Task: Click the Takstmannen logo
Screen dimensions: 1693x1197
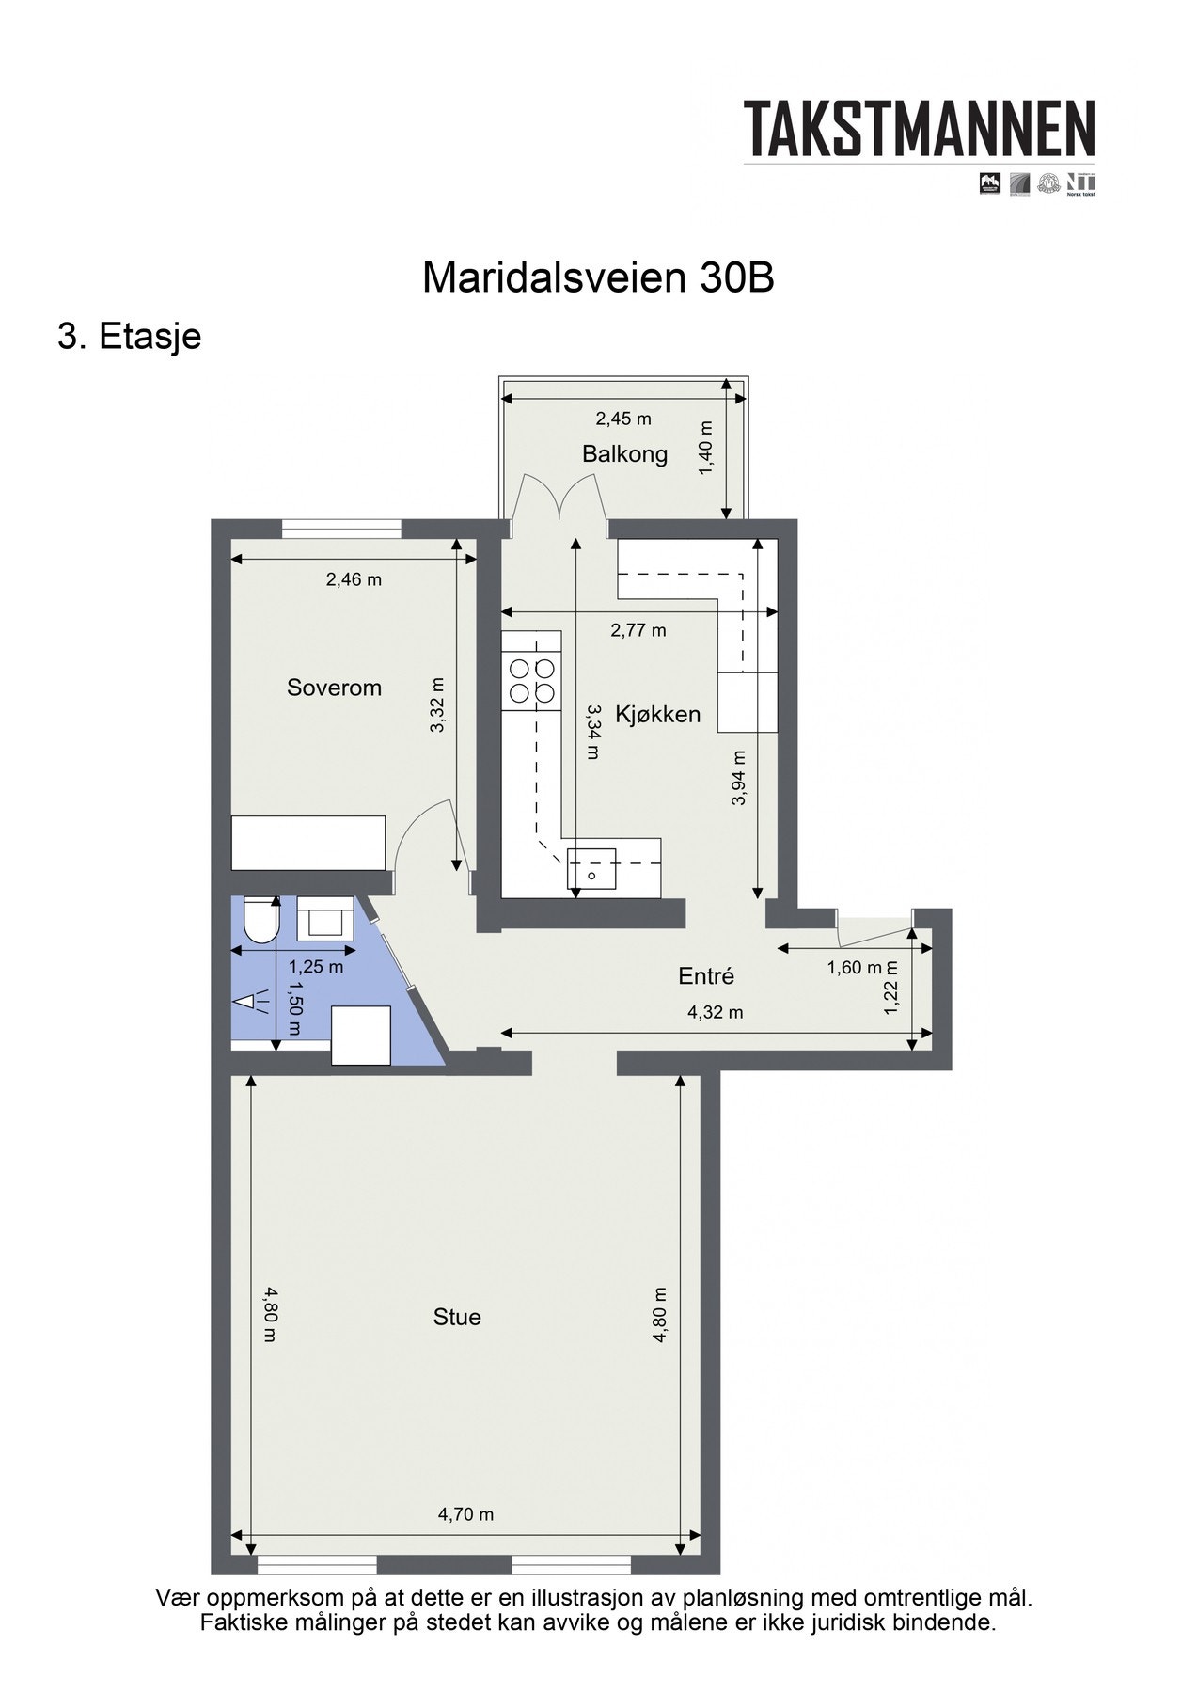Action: click(920, 130)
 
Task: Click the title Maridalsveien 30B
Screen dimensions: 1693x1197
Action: click(598, 278)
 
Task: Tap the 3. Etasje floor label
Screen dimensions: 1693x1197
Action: click(130, 336)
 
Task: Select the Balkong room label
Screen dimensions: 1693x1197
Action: click(624, 454)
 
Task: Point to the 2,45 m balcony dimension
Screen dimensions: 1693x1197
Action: click(622, 419)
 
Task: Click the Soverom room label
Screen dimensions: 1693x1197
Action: click(334, 688)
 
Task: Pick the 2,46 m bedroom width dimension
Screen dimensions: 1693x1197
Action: click(354, 579)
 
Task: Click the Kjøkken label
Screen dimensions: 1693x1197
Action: click(657, 714)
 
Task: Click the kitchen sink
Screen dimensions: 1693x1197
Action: click(591, 869)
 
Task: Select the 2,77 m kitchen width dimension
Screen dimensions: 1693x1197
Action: click(638, 630)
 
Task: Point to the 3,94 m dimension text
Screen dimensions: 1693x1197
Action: click(738, 778)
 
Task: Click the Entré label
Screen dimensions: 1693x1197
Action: click(705, 976)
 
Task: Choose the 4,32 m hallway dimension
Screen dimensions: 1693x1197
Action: click(715, 1012)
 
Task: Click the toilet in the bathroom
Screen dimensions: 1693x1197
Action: click(258, 920)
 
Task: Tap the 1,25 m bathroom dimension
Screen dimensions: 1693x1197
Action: click(315, 966)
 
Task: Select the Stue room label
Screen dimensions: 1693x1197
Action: click(457, 1317)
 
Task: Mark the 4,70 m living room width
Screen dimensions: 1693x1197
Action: click(465, 1514)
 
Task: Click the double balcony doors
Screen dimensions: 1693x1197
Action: click(561, 497)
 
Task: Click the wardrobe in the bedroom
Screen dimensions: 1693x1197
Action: click(308, 843)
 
